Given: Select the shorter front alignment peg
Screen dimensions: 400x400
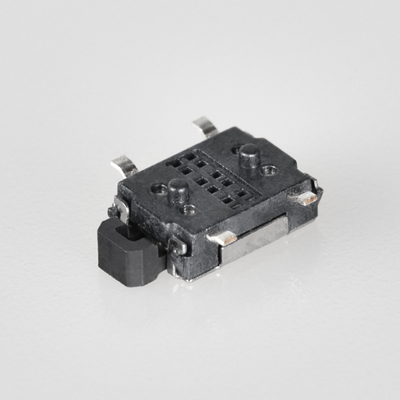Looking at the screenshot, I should [178, 191].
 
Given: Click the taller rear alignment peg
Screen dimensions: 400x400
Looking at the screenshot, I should [248, 155].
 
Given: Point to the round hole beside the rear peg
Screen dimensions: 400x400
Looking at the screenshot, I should [268, 170].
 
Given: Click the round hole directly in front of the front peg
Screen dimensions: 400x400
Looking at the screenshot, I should [189, 209].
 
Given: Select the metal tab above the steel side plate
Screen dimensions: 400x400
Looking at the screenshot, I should [222, 239].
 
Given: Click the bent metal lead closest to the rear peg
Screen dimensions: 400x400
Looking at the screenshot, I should [204, 127].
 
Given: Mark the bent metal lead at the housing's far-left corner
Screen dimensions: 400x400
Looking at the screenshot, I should [125, 165].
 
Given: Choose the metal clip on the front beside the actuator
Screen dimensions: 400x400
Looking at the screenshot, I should [177, 246].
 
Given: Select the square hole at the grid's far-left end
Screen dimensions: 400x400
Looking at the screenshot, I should [173, 163].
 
